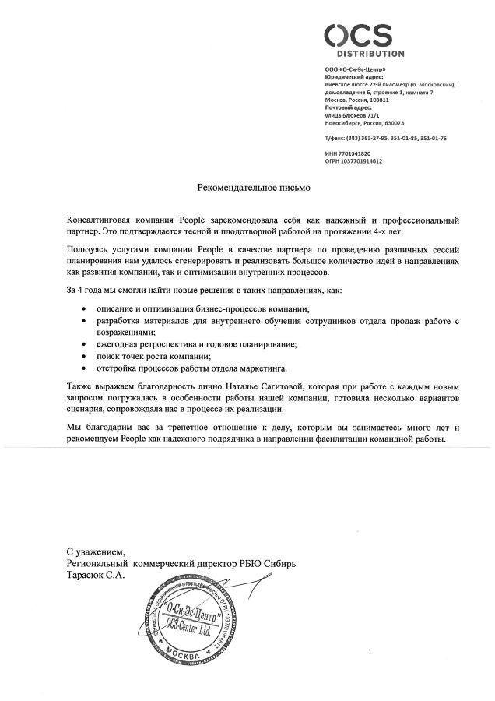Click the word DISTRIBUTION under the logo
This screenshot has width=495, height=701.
tap(370, 55)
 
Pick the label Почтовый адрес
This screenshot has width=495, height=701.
tap(346, 107)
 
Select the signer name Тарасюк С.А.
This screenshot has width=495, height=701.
tap(96, 574)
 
